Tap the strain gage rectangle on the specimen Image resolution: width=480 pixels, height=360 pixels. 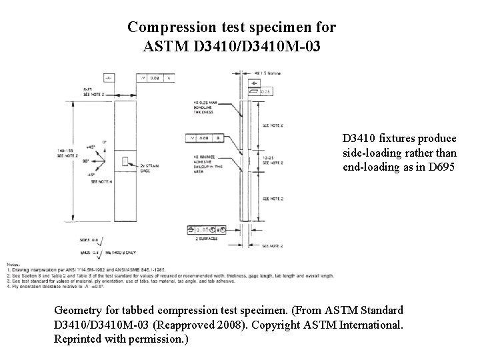pyautogui.click(x=126, y=161)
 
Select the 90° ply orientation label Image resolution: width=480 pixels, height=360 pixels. pyautogui.click(x=86, y=160)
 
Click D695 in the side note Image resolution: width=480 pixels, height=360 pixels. pyautogui.click(x=442, y=167)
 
